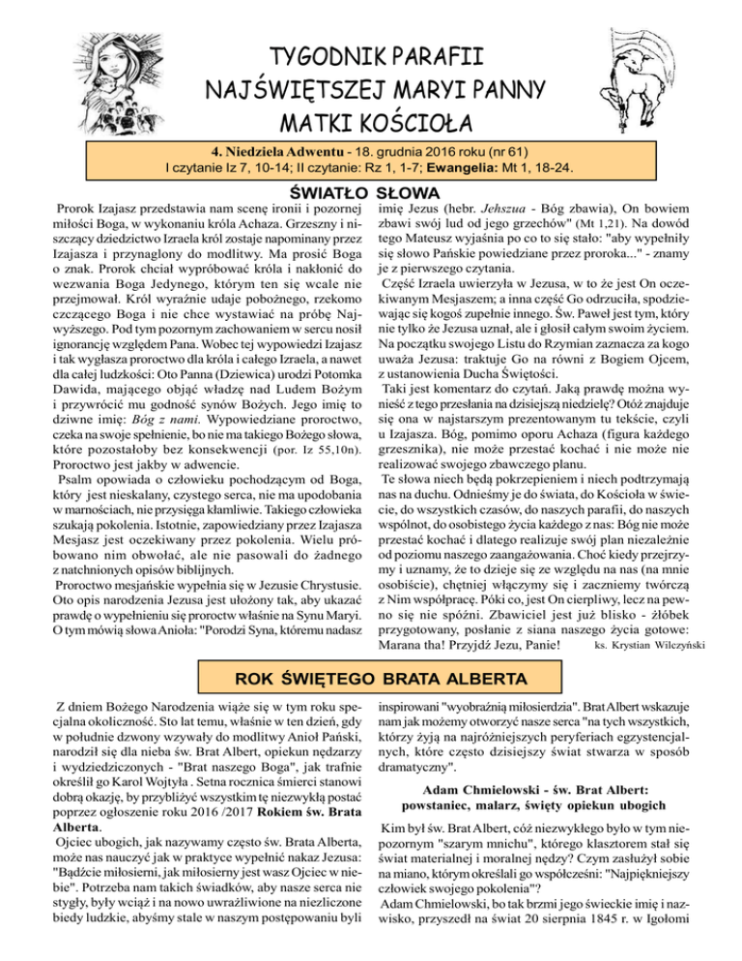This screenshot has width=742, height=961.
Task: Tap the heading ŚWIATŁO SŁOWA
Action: [x=371, y=192]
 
